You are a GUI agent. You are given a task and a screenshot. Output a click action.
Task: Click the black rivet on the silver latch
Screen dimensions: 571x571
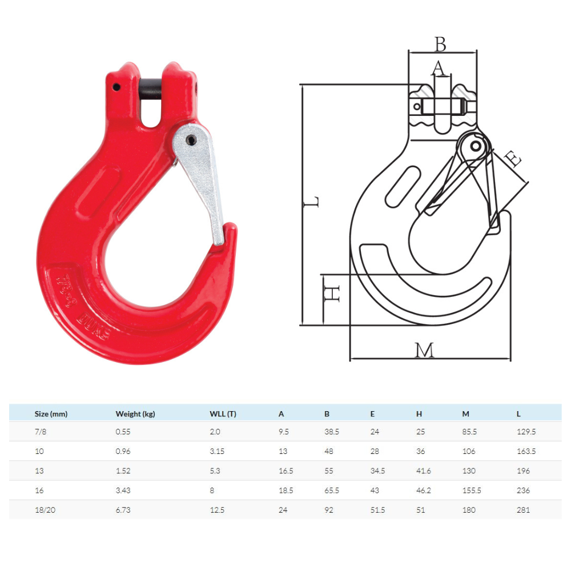click(x=191, y=139)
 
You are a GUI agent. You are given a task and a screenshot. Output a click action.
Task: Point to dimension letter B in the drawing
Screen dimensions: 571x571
click(x=440, y=43)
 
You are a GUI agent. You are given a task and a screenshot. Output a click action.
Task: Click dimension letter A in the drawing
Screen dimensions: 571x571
click(x=437, y=69)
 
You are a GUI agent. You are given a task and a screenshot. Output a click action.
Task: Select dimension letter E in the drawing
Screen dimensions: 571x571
click(x=514, y=159)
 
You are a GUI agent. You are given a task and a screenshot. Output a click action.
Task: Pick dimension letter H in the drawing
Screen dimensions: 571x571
click(x=332, y=295)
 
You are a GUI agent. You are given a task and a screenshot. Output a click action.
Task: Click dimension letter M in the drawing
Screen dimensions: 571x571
click(x=424, y=350)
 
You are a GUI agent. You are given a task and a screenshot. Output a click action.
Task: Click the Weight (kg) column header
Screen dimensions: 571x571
click(x=135, y=414)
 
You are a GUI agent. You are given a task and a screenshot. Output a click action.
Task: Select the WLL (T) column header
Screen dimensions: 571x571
click(x=223, y=414)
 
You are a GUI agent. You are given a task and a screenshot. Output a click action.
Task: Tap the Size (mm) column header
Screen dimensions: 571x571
click(x=51, y=414)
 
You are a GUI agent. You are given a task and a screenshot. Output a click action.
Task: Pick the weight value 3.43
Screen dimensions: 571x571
click(x=123, y=490)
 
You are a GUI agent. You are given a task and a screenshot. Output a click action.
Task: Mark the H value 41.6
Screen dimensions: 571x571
click(x=424, y=471)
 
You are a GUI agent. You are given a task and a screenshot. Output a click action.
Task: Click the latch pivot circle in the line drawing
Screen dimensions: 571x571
click(x=475, y=146)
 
